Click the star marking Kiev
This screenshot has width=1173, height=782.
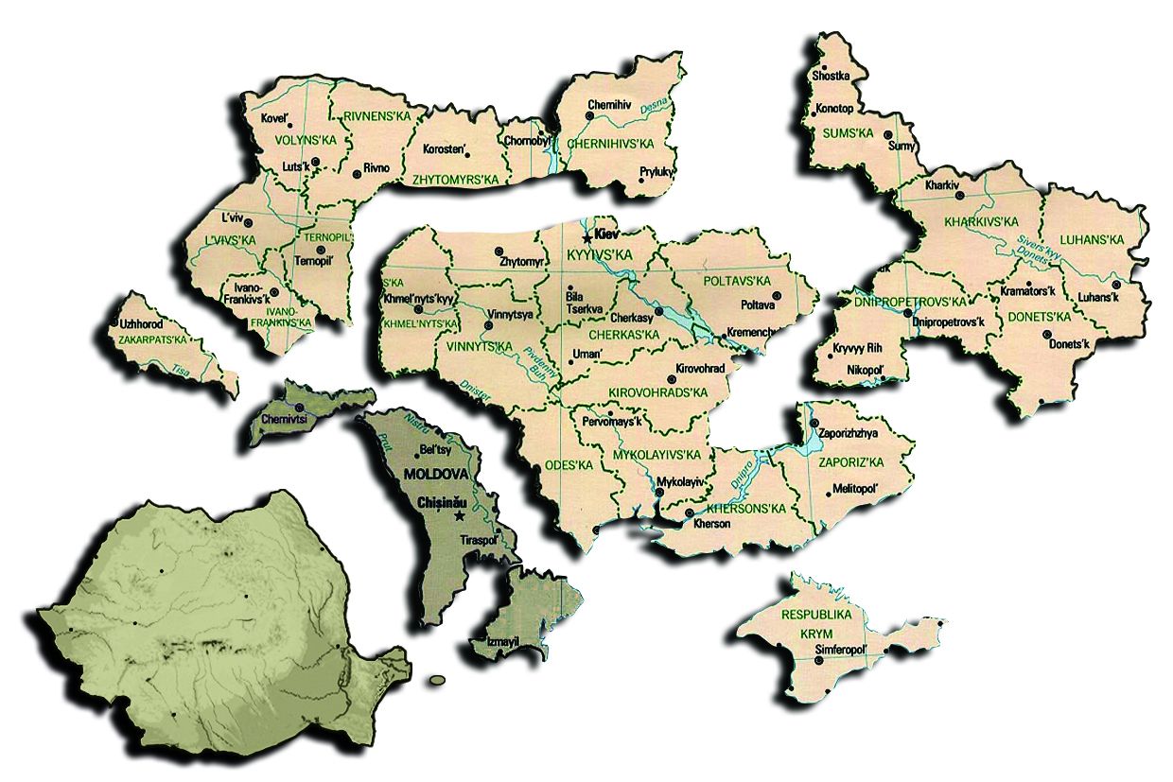(587, 237)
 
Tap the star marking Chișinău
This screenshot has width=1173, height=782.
(460, 516)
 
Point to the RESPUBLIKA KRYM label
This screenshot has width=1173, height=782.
(816, 624)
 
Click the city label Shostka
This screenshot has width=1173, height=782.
(831, 76)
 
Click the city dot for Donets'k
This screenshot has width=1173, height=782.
(1046, 334)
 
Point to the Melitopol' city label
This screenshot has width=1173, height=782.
(856, 489)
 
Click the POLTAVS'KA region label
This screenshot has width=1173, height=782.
(738, 281)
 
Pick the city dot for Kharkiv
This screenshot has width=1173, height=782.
(959, 194)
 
